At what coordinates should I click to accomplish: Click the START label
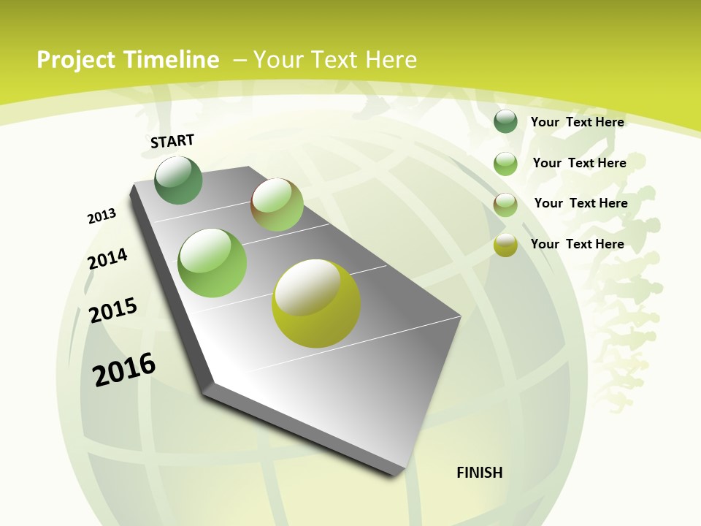172,140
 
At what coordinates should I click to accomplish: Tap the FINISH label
479,473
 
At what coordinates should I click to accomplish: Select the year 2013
101,216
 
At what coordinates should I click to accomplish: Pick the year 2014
107,259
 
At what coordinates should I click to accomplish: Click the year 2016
124,369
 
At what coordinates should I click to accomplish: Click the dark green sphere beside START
178,180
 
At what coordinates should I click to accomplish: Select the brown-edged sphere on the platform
277,205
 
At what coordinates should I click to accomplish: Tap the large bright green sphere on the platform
212,263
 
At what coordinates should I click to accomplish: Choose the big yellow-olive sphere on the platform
316,303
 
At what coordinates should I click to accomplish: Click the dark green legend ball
505,122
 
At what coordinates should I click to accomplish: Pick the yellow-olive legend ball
505,245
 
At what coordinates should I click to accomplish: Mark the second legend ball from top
505,164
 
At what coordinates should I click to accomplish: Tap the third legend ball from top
505,205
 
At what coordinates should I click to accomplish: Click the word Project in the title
76,60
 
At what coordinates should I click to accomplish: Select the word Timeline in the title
171,60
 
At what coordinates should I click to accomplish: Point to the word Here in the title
390,60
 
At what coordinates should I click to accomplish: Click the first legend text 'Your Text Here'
577,122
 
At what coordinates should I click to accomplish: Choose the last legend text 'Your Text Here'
577,244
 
